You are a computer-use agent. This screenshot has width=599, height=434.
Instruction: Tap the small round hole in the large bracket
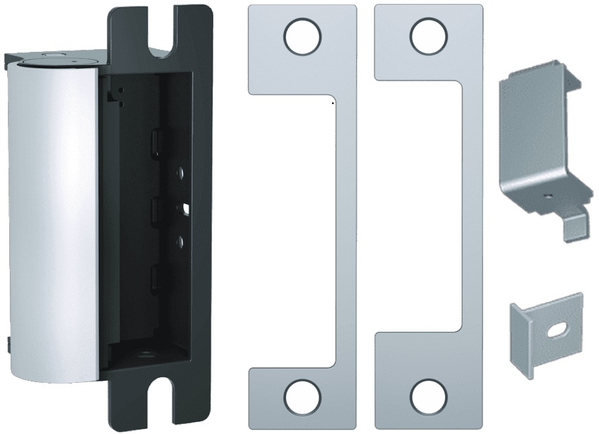[546, 195]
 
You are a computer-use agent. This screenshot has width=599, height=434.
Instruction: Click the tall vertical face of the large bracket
[530, 131]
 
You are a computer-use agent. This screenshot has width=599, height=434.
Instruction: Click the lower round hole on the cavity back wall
[179, 243]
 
